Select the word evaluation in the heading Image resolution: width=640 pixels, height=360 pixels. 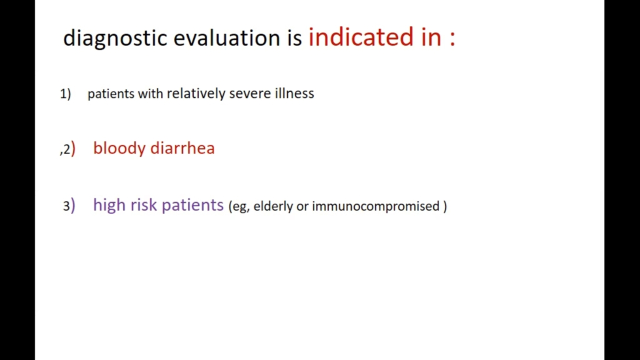point(227,37)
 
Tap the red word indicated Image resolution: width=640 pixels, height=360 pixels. point(361,36)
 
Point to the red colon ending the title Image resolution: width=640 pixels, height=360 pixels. point(452,38)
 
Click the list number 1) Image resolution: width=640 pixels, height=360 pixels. point(65,93)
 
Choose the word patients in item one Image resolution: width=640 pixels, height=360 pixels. point(111,93)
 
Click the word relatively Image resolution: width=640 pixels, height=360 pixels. point(196,93)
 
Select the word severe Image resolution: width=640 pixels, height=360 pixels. point(250,93)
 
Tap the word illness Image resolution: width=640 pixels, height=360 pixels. point(294,93)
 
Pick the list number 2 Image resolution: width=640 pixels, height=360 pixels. point(66,149)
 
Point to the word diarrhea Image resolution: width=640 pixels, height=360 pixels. point(182,148)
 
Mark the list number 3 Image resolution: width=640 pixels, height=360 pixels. point(66,206)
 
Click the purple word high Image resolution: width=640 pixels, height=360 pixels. point(109,205)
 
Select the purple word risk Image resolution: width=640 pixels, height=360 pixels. point(143,204)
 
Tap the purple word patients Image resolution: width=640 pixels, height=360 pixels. point(192,205)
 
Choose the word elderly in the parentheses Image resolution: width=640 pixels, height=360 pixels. point(273,206)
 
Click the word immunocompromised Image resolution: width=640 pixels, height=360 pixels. point(375,206)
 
